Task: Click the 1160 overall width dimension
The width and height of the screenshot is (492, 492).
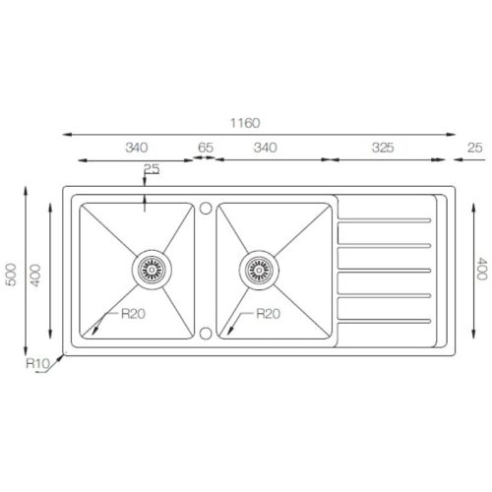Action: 245,123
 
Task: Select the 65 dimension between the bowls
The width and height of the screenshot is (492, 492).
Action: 206,148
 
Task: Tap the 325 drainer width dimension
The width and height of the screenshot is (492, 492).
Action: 383,148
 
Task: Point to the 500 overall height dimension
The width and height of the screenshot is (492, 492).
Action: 11,275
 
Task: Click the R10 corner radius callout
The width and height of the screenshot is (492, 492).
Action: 37,363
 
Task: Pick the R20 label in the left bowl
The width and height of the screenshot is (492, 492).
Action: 133,314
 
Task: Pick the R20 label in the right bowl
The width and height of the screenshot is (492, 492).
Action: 268,314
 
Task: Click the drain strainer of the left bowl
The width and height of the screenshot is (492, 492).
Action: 152,270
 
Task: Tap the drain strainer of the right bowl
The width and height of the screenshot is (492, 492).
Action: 259,271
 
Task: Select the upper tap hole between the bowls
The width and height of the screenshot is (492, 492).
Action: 206,208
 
